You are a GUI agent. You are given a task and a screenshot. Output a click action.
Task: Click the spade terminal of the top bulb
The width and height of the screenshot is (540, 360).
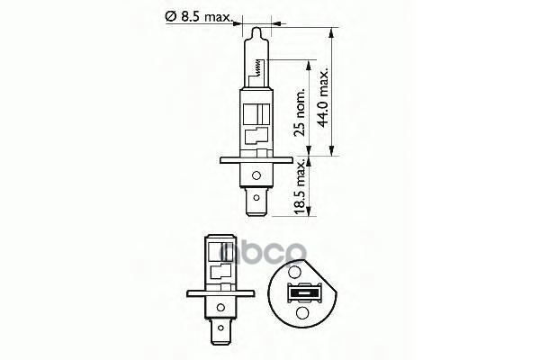click(x=258, y=202)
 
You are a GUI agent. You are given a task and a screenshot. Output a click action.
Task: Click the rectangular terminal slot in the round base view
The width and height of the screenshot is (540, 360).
click(x=301, y=292)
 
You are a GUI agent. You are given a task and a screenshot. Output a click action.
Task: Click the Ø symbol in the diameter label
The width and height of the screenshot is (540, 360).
click(x=169, y=15)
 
